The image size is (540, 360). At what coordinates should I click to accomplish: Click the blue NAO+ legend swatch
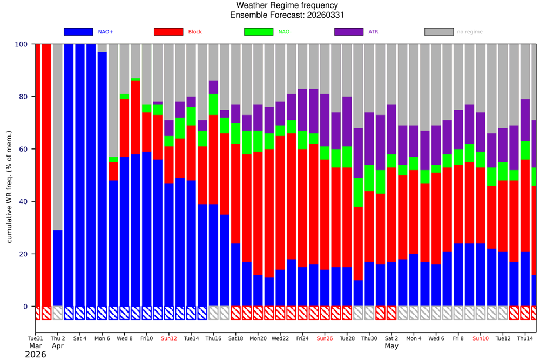[x=78, y=32]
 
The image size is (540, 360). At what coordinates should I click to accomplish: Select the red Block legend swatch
[x=168, y=32]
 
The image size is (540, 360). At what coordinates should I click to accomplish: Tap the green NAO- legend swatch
[x=258, y=32]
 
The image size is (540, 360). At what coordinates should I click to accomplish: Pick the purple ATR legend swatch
[x=348, y=32]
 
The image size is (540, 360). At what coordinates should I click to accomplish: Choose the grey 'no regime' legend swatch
[x=438, y=32]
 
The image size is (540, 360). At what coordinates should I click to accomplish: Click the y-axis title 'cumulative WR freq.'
[x=9, y=175]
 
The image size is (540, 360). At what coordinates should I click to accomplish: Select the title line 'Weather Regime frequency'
[x=287, y=5]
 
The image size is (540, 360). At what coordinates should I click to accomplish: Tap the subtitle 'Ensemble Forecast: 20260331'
[x=287, y=15]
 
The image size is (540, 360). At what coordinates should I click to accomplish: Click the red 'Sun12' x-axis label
[x=168, y=338]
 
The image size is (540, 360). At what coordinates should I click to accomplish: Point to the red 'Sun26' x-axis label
[x=325, y=338]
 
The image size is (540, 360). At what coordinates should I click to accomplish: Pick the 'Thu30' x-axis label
[x=369, y=338]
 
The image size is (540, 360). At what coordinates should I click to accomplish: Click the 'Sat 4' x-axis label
[x=79, y=338]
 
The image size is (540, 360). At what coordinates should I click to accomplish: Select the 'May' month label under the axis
[x=391, y=346]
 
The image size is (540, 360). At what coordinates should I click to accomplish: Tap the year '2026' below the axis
[x=36, y=355]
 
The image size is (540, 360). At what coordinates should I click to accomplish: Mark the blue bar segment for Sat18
[x=235, y=275]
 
